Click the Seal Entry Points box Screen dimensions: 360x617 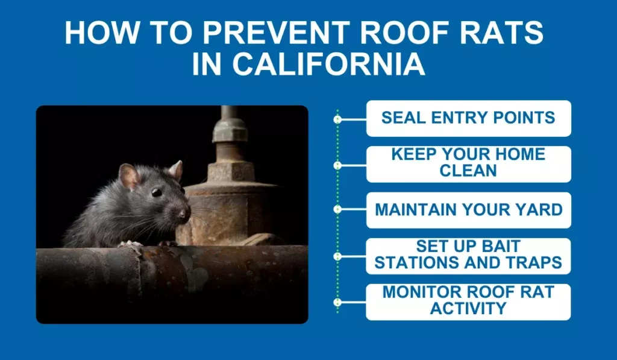(x=468, y=118)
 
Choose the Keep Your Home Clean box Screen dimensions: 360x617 (x=468, y=163)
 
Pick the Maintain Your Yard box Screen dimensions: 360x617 (x=468, y=210)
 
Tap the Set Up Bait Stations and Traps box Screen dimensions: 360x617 (x=468, y=255)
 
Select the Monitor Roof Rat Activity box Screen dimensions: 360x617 (x=468, y=301)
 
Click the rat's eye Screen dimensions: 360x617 (x=156, y=192)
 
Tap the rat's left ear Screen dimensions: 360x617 (x=128, y=176)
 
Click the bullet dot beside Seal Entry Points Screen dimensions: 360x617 (x=337, y=119)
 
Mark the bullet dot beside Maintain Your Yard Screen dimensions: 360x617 (x=337, y=209)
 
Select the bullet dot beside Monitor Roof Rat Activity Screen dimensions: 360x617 (x=337, y=302)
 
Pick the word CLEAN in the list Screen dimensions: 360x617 (x=468, y=171)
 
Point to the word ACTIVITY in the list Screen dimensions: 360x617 (x=468, y=309)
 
